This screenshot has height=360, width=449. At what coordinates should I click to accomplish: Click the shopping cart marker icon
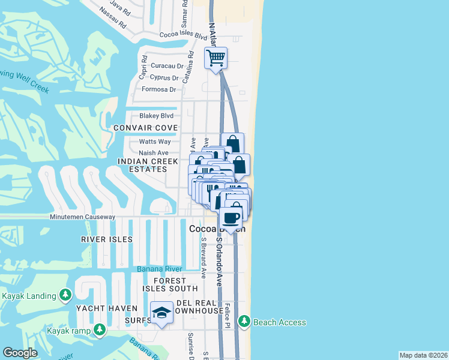[x=215, y=58]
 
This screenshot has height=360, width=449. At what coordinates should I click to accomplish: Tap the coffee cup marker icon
[x=231, y=218]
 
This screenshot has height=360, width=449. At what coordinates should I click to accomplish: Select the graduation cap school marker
[x=161, y=313]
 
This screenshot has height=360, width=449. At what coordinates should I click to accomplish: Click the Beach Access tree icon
[x=244, y=322]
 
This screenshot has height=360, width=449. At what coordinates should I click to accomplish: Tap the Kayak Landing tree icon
[x=65, y=295]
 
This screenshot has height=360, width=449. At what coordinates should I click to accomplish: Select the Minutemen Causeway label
[x=82, y=217]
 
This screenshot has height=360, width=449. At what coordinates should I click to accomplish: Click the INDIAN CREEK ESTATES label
[x=148, y=166]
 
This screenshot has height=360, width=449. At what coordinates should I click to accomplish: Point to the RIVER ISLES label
[x=106, y=239]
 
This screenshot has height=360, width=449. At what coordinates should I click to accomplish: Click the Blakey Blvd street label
[x=156, y=116]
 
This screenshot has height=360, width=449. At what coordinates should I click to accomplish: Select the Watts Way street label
[x=155, y=142]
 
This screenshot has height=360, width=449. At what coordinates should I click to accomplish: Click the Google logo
[x=20, y=353]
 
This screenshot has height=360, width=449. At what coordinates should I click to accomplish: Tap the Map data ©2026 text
[x=424, y=355]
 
